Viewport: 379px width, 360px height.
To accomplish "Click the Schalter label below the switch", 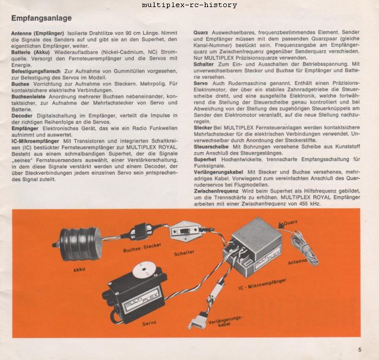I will point(184,253).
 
